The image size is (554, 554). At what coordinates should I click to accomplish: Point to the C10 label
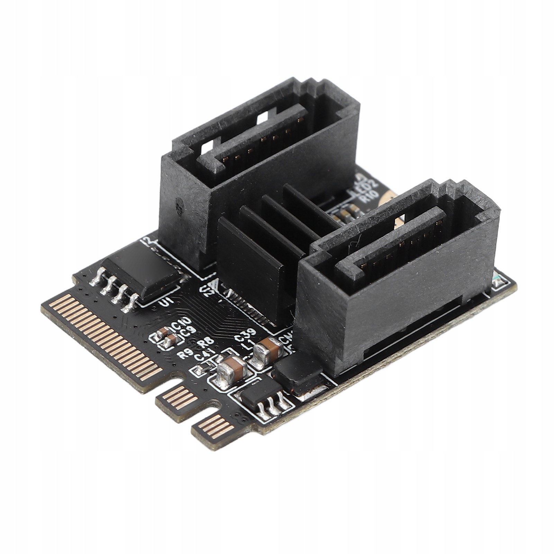click(182, 326)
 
